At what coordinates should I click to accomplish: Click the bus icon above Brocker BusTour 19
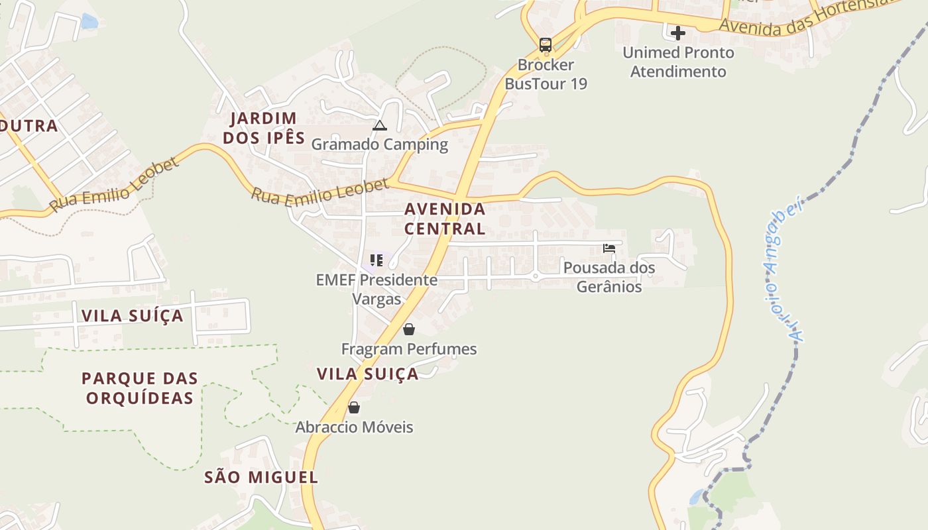[x=546, y=45]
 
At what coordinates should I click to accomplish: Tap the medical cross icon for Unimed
[x=677, y=32]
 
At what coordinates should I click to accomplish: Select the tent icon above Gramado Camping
[x=379, y=125]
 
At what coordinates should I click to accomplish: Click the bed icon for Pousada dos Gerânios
[x=609, y=248]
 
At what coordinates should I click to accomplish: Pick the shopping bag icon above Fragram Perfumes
[x=409, y=329]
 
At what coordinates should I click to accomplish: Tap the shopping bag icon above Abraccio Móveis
[x=354, y=407]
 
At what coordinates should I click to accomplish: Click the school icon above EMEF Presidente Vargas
[x=377, y=260]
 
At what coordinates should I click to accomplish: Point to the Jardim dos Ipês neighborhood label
[x=264, y=128]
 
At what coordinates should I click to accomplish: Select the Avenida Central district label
[x=445, y=219]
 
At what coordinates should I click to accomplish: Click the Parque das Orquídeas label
[x=140, y=388]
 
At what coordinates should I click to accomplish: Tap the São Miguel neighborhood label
[x=261, y=477]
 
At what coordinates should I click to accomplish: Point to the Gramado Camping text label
[x=380, y=144]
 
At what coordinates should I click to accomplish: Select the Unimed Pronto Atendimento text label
[x=678, y=62]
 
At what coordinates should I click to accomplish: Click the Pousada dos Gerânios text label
[x=609, y=277]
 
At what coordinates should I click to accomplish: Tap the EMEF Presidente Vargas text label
[x=377, y=289]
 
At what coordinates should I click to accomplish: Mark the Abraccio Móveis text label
[x=354, y=427]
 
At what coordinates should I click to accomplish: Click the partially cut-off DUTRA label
[x=29, y=126]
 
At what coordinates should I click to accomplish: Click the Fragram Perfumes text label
[x=409, y=349]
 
